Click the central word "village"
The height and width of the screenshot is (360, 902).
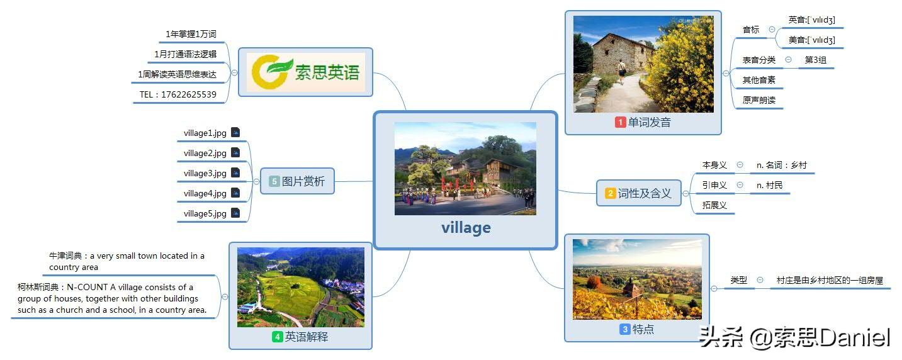(x=466, y=228)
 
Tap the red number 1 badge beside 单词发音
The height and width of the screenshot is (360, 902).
(x=620, y=123)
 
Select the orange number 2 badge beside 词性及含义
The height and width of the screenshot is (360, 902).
(x=610, y=194)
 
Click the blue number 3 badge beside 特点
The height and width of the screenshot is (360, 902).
(x=625, y=329)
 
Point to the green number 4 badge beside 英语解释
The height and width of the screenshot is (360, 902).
(x=277, y=337)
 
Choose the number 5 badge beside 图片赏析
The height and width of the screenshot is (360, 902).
(x=274, y=182)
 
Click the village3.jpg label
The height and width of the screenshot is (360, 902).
(x=205, y=173)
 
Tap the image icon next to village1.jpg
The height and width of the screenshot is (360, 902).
(x=235, y=132)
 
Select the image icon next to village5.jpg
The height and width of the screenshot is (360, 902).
(x=235, y=213)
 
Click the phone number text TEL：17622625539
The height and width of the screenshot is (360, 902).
(x=178, y=95)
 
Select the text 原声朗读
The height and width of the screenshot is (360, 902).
(x=758, y=100)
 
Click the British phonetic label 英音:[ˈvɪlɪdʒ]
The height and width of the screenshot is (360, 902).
(x=811, y=20)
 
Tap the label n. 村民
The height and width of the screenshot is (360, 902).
(x=769, y=185)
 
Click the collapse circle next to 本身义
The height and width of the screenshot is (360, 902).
(x=740, y=165)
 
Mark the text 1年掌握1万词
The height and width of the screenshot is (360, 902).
(x=191, y=34)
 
